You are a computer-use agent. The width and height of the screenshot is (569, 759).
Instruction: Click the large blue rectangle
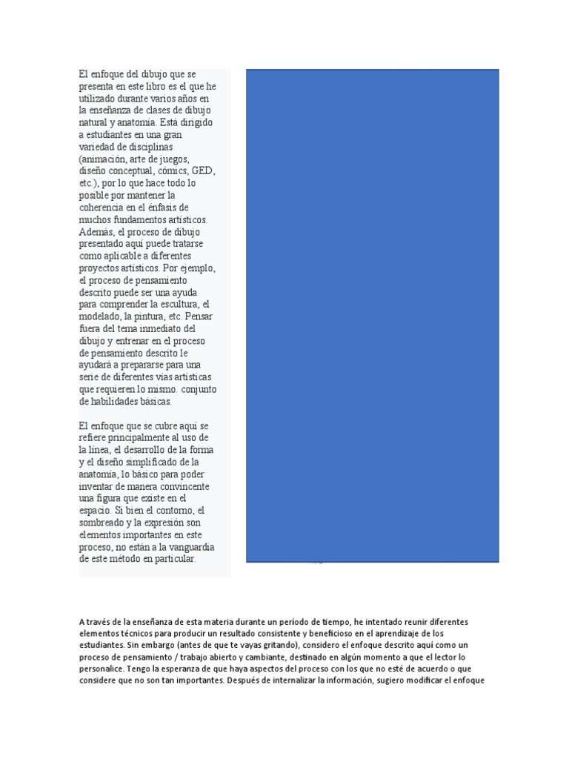click(x=372, y=315)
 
